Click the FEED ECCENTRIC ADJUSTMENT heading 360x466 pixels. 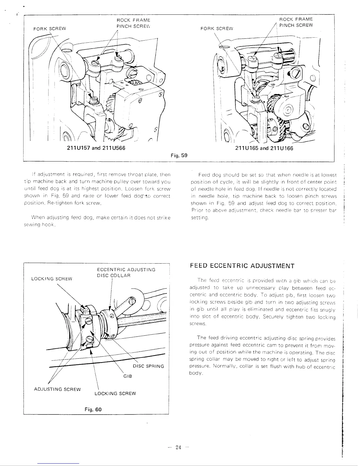(242, 266)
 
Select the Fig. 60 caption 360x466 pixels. (94, 409)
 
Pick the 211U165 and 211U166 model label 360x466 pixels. (264, 148)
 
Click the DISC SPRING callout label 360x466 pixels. (148, 366)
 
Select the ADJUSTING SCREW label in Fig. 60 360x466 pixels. (57, 389)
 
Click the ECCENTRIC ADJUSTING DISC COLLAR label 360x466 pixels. (126, 272)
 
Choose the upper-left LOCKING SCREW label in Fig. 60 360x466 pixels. (51, 279)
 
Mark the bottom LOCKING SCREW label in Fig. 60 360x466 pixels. (115, 393)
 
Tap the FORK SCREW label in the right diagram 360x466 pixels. (216, 29)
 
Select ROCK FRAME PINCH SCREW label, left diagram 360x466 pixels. (133, 23)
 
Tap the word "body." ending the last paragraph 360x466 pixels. (196, 373)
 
